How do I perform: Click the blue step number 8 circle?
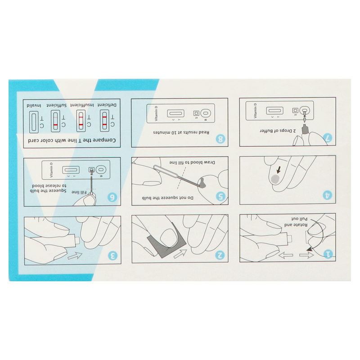[x=220, y=139]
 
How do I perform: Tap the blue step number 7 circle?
[x=328, y=138]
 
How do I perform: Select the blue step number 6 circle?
[x=112, y=197]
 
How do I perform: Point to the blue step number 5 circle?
[x=220, y=197]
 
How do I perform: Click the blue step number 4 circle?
[x=328, y=195]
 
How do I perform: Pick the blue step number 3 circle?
[x=113, y=255]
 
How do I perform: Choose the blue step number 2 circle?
[x=220, y=255]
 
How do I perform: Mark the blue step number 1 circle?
[x=328, y=254]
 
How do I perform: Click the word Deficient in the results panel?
[x=107, y=105]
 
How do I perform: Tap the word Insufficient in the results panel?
[x=82, y=105]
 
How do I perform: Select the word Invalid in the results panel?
[x=34, y=106]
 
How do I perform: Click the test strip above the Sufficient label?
[x=55, y=121]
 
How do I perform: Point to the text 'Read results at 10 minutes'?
[x=181, y=132]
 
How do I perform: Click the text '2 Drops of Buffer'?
[x=278, y=130]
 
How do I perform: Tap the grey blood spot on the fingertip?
[x=275, y=179]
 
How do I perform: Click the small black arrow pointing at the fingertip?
[x=279, y=170]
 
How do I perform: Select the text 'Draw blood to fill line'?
[x=192, y=162]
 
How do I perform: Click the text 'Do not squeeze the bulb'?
[x=167, y=198]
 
